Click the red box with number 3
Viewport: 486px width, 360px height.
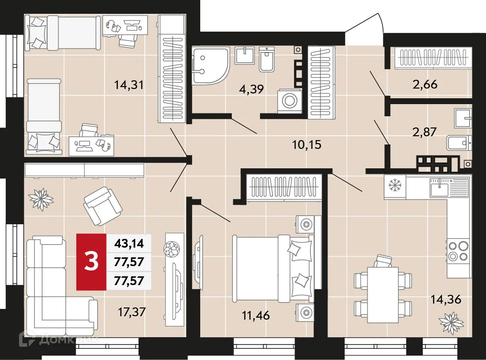click(91, 262)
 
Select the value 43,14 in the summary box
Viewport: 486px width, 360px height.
click(128, 242)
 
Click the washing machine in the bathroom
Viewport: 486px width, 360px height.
click(291, 101)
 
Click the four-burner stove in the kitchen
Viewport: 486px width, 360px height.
click(458, 251)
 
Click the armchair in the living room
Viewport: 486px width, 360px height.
click(103, 204)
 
